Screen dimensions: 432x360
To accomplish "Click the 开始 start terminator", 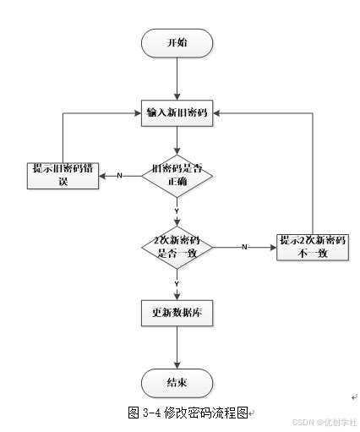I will (177, 42).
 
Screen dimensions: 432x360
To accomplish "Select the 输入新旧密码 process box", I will (177, 112).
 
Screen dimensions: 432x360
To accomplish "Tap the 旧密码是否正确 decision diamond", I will (177, 175).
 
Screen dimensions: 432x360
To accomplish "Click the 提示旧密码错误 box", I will (62, 175).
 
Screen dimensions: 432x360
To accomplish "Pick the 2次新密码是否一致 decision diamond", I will (177, 247).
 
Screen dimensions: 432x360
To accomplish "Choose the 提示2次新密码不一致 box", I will (313, 247).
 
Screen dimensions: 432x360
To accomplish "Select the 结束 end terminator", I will (177, 382).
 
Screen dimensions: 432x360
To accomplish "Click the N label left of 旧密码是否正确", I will (119, 176).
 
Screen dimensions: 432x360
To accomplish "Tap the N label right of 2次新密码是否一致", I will (244, 247).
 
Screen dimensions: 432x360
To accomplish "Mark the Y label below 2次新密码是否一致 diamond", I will (177, 282).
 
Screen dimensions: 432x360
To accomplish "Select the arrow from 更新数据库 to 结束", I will (177, 347).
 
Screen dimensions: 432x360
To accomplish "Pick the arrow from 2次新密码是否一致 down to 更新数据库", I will (177, 287).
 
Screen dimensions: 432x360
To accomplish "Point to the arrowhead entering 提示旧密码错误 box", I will (103, 176).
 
